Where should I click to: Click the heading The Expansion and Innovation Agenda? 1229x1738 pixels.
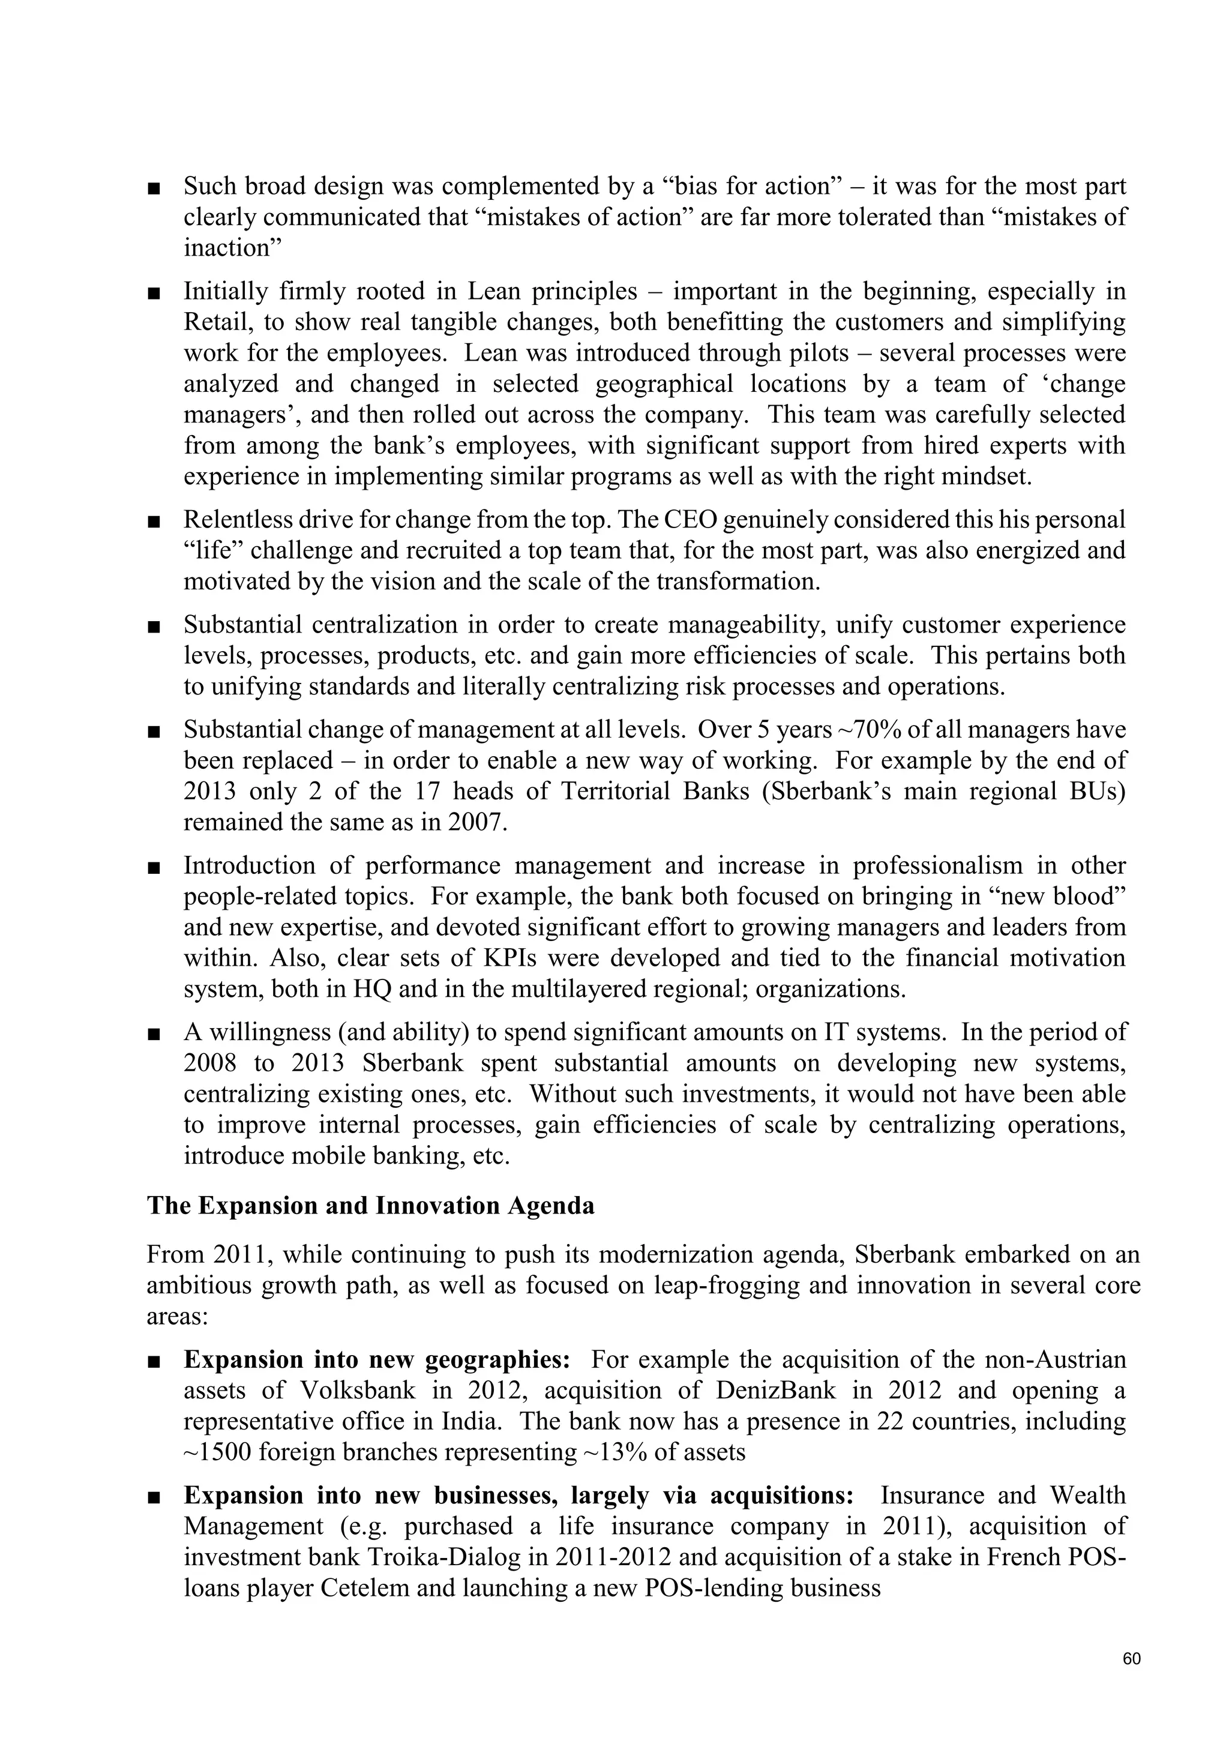click(371, 1206)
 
